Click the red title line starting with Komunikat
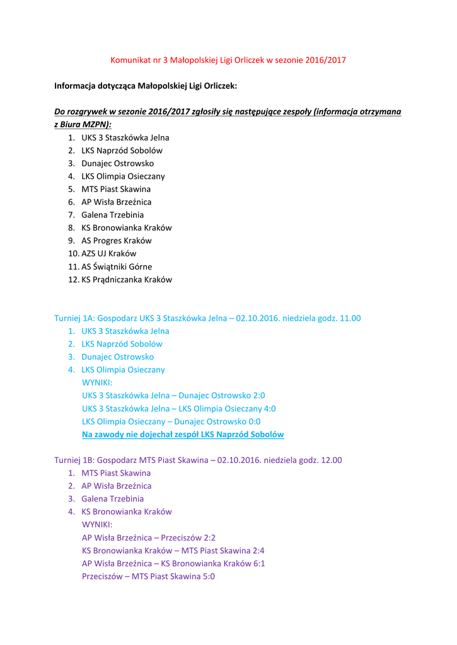tap(228, 60)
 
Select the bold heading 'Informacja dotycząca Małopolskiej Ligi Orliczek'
tap(145, 86)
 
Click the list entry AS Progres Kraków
tap(116, 241)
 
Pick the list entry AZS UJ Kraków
tap(108, 254)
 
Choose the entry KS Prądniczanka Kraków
tap(126, 280)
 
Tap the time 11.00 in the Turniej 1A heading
tap(350, 319)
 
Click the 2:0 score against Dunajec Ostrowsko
tap(258, 396)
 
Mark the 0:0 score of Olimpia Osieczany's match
tap(254, 422)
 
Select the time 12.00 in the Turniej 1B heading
tap(331, 460)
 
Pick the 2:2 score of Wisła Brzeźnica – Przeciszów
tap(209, 538)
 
